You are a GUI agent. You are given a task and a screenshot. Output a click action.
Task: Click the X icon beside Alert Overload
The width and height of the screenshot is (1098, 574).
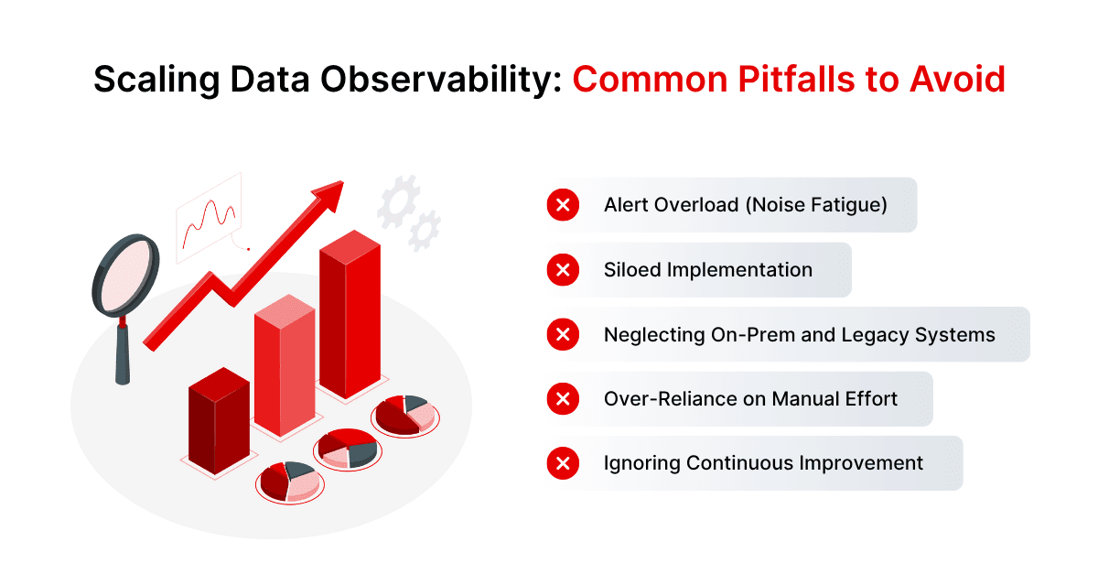pyautogui.click(x=563, y=205)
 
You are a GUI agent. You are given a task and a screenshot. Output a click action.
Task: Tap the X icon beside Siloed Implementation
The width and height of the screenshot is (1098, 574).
pyautogui.click(x=563, y=270)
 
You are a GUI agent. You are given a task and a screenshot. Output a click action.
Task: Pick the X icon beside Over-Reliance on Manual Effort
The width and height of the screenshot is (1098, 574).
pyautogui.click(x=563, y=399)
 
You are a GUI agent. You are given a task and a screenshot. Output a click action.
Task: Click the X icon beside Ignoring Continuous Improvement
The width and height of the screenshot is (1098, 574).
pyautogui.click(x=563, y=463)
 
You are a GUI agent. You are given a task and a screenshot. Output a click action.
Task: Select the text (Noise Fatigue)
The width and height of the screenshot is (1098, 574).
pyautogui.click(x=816, y=205)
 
